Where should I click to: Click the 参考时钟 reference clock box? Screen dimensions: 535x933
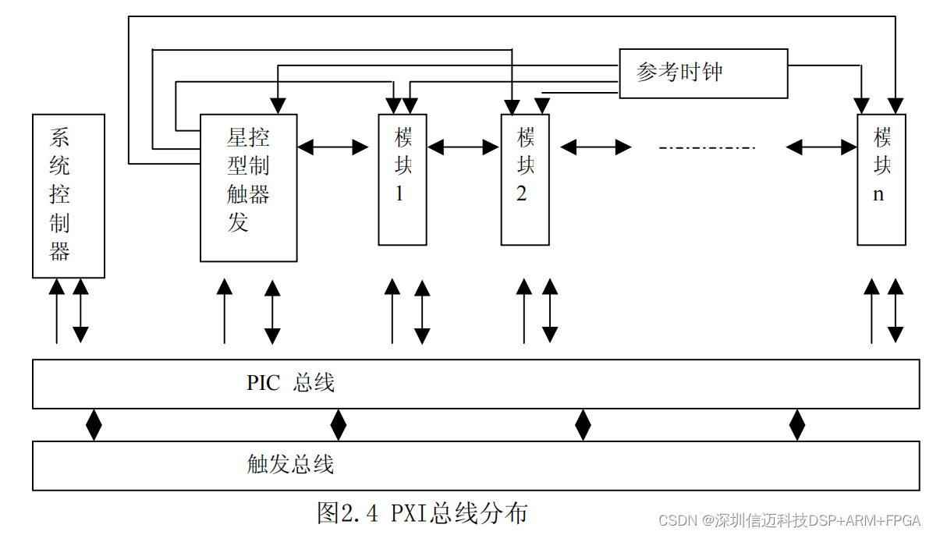(x=703, y=73)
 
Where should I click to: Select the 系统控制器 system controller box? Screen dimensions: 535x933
(x=69, y=195)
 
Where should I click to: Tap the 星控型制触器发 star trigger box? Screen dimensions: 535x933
(x=248, y=187)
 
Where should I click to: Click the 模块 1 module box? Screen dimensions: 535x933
(x=403, y=179)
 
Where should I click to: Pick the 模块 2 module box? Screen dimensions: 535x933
(x=524, y=179)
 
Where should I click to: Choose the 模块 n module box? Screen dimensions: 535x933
(x=881, y=179)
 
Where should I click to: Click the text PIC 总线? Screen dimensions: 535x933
(x=290, y=384)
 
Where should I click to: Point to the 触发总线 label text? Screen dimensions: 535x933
(x=290, y=465)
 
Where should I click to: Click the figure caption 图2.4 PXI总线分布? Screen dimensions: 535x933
(x=422, y=513)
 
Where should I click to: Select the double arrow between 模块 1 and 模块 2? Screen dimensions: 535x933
(x=463, y=146)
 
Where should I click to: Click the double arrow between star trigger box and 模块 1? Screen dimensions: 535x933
(x=333, y=146)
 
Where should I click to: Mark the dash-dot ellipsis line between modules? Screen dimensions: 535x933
(x=707, y=147)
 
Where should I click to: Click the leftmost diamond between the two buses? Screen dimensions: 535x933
(x=94, y=425)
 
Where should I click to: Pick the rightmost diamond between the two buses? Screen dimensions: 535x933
(x=796, y=425)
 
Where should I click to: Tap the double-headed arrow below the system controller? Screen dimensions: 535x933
(x=80, y=310)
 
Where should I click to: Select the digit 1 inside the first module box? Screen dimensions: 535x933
(x=399, y=194)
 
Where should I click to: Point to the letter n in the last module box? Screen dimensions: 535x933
(x=878, y=195)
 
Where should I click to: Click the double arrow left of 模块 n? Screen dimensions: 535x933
(x=821, y=146)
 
